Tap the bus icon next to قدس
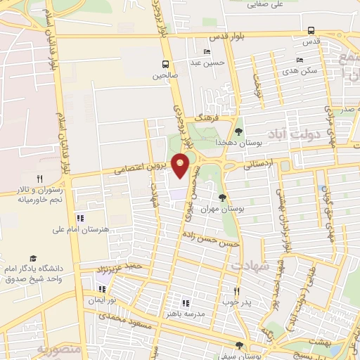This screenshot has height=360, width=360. coord(311,31)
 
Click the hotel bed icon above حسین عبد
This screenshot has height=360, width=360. coord(206,52)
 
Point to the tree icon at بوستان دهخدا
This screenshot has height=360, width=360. coord(238,131)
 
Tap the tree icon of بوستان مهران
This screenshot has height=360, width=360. coord(222,198)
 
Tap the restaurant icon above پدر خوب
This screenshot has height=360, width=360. coord(236,291)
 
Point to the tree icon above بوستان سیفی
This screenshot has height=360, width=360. coord(239,346)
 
